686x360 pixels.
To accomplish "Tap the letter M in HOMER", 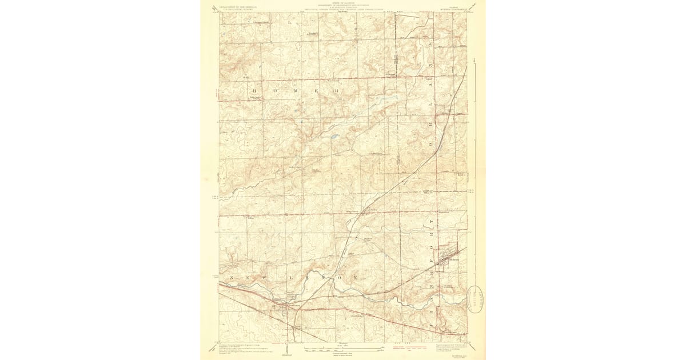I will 296,91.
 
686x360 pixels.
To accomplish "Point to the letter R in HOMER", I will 337,91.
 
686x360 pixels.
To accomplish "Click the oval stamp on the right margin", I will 476,297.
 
